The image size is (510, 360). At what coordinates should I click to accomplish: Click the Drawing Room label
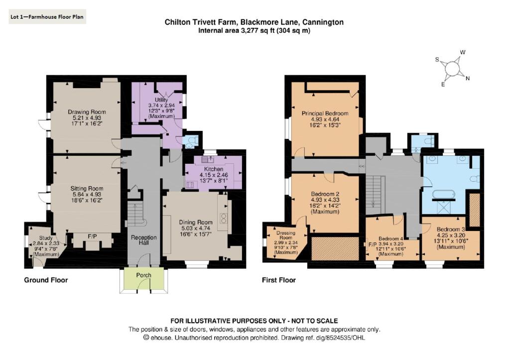click(87, 112)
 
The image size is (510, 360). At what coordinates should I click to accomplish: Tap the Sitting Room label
click(86, 189)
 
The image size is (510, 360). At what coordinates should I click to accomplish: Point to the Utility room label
click(157, 100)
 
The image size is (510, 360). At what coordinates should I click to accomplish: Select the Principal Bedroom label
click(325, 114)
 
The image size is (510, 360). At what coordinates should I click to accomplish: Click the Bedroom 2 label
click(325, 194)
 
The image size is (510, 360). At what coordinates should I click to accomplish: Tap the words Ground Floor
click(46, 280)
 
